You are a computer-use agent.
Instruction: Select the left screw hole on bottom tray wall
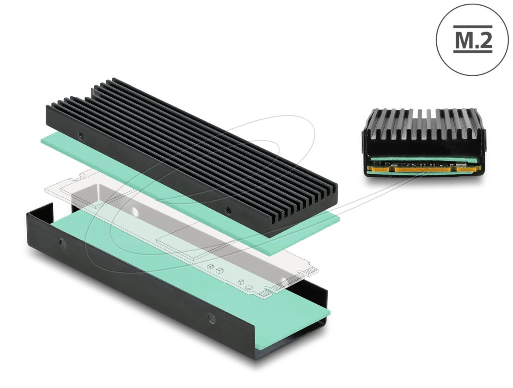[x=62, y=242]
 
